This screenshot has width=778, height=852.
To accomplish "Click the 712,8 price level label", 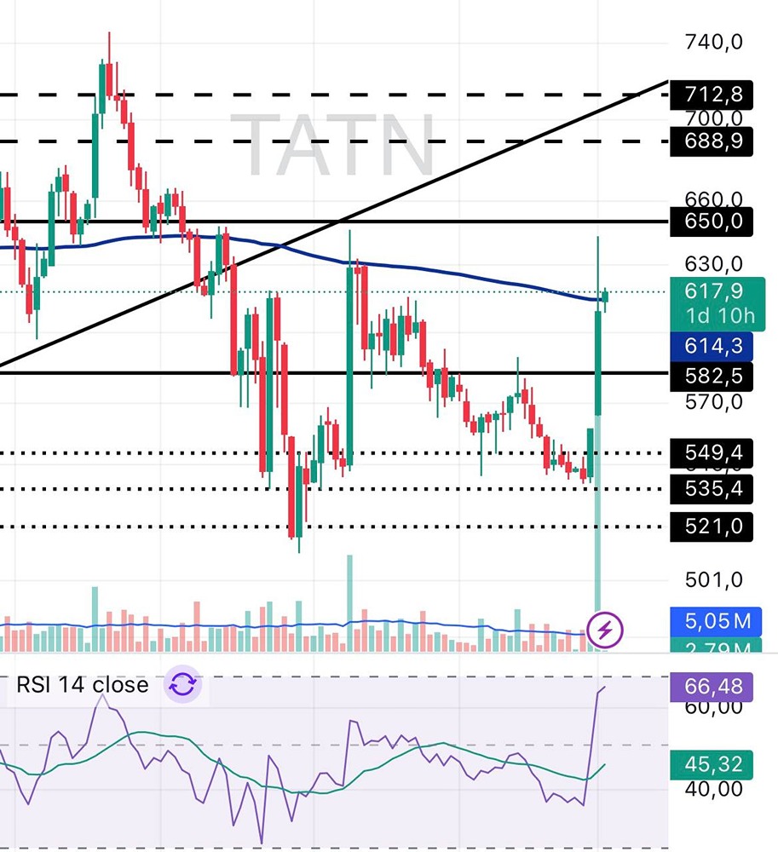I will click(x=717, y=93).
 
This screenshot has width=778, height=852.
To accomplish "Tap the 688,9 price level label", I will click(x=717, y=141).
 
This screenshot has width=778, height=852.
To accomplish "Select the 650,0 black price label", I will click(x=717, y=222).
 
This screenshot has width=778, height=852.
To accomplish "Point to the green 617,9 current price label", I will click(x=717, y=291).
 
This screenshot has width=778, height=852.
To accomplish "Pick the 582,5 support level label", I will click(x=717, y=374).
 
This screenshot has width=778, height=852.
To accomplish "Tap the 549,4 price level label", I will click(x=717, y=452).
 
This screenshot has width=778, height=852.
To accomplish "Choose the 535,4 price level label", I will click(x=717, y=488).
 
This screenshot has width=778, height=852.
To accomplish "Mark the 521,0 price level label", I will click(x=717, y=527).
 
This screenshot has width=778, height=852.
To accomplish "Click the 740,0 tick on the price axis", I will click(x=714, y=42).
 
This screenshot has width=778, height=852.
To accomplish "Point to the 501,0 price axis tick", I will click(x=714, y=580).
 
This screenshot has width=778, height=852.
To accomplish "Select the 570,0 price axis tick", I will click(x=714, y=401).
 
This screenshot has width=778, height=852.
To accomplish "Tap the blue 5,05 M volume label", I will click(x=717, y=621).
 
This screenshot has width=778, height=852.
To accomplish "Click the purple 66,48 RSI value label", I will click(x=717, y=686).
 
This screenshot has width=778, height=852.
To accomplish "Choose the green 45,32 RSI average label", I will click(x=717, y=763).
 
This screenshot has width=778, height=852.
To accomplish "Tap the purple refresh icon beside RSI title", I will click(x=183, y=685).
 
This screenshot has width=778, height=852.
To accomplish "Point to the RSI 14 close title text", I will click(x=82, y=685).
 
